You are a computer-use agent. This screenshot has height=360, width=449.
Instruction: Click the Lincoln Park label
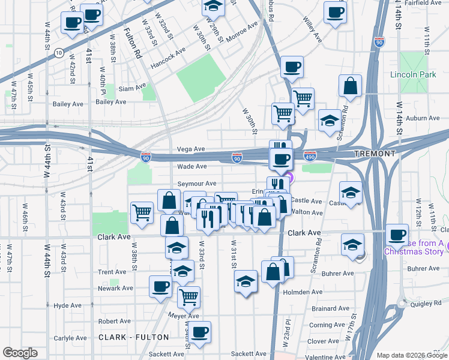413,75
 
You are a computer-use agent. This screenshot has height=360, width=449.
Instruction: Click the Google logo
20,353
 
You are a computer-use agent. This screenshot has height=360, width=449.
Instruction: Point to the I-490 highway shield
310,155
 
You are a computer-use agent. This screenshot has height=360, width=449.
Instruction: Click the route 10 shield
58,53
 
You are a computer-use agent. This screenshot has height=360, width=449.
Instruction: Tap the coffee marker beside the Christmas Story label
397,235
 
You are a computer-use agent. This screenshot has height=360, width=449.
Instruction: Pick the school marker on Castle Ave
351,193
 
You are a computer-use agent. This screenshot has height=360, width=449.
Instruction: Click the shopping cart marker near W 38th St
142,211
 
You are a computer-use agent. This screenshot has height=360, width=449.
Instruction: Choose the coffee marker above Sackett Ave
199,331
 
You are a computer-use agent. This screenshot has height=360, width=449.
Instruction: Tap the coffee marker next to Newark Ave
161,286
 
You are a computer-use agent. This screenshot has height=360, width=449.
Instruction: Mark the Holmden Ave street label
303,292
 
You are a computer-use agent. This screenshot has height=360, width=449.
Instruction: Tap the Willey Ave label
312,32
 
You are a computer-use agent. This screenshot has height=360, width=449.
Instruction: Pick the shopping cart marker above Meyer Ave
188,296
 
